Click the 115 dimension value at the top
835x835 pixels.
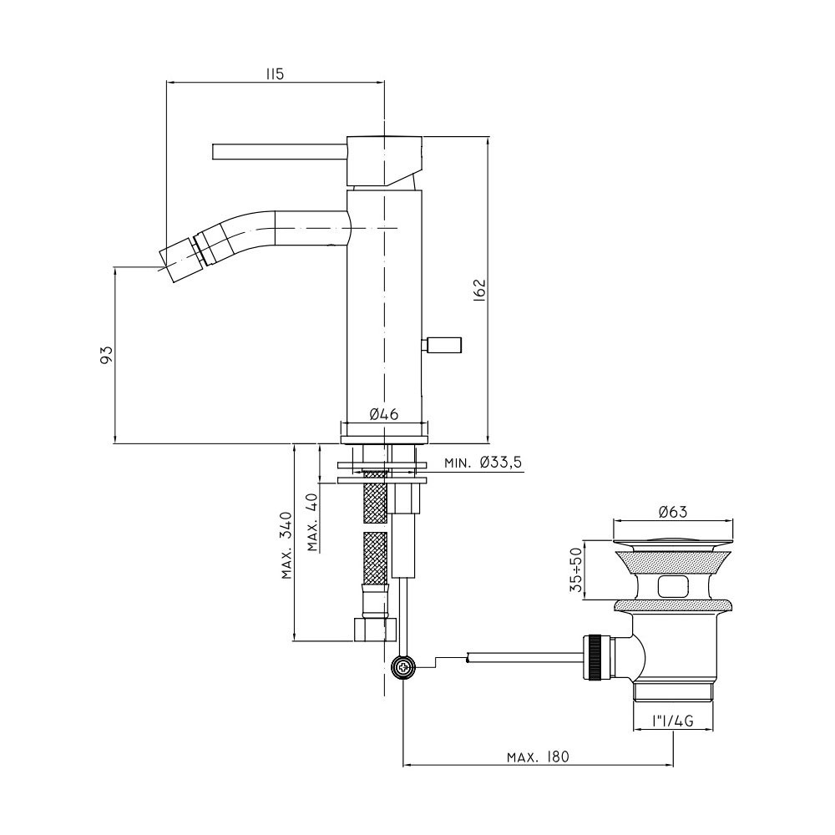(276, 74)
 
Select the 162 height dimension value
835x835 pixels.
(480, 291)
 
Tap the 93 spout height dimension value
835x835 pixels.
(107, 355)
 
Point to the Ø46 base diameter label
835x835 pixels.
(383, 414)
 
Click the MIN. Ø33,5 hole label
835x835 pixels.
(483, 463)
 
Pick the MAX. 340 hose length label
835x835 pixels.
(287, 545)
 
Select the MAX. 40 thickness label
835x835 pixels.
(312, 522)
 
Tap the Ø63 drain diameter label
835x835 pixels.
(672, 513)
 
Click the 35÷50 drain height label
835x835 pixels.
(575, 570)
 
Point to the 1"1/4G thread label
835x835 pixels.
(672, 721)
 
